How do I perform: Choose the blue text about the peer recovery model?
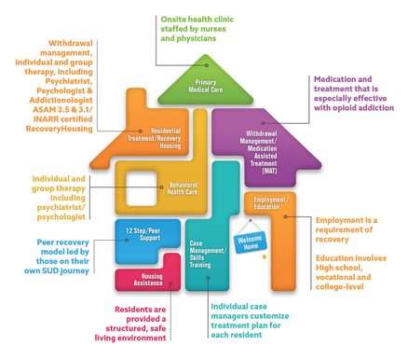54,253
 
